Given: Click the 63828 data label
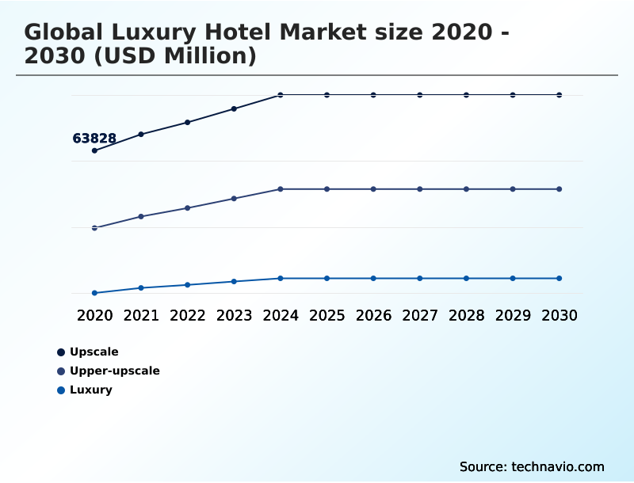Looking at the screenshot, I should [x=94, y=139].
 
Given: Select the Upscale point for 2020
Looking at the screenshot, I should [x=94, y=150].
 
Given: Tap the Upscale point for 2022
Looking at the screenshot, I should [x=188, y=122].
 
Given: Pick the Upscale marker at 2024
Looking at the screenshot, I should [x=281, y=95].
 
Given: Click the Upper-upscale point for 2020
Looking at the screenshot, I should [x=94, y=228].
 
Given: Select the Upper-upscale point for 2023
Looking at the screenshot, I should [x=234, y=198].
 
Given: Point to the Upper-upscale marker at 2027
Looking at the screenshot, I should [x=420, y=189].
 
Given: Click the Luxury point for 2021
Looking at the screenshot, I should [x=141, y=287].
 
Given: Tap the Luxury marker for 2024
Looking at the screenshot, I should [x=281, y=278].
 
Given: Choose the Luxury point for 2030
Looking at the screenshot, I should [x=560, y=278].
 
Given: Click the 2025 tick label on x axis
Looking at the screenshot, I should [x=327, y=315].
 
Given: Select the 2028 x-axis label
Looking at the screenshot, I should [x=466, y=315].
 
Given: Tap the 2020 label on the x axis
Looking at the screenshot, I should [x=94, y=315].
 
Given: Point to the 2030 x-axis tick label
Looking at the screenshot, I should [x=560, y=315].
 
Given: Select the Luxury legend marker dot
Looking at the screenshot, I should [x=61, y=390].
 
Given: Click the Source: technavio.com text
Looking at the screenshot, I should [x=532, y=466].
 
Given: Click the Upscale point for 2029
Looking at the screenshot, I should [x=513, y=95].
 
